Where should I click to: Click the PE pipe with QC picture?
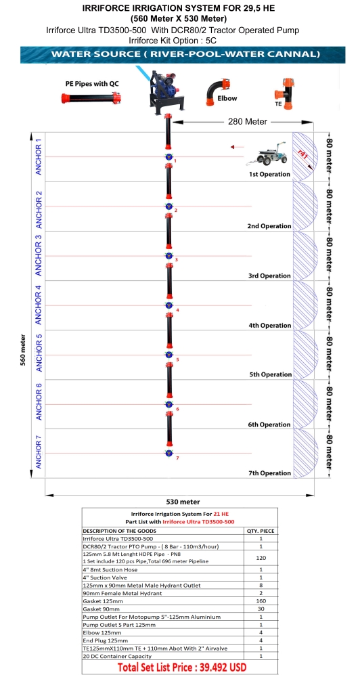[x=91, y=98]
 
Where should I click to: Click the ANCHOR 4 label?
[x=39, y=305]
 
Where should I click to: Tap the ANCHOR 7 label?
[x=39, y=452]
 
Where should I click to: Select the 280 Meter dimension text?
[x=248, y=122]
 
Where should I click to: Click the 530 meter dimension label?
[x=183, y=502]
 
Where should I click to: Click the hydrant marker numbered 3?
[x=169, y=256]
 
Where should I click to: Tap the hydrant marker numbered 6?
[x=169, y=404]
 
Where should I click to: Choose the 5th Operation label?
[x=271, y=375]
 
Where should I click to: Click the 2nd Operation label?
[x=269, y=226]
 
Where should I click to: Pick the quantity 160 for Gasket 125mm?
[x=261, y=601]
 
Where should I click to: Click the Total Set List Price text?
[x=182, y=667]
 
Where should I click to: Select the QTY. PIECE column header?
[x=261, y=531]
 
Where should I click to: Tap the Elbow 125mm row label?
[x=100, y=632]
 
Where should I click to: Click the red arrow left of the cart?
[x=238, y=147]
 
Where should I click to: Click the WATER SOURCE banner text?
[x=185, y=54]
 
